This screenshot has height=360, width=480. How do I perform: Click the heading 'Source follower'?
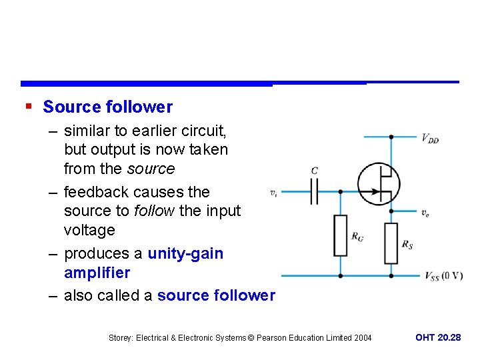(107, 107)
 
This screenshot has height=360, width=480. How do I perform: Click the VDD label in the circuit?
(430, 139)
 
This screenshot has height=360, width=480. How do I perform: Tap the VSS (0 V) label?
(443, 276)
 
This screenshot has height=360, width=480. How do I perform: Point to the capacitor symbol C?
(315, 191)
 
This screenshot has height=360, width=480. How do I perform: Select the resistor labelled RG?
(340, 235)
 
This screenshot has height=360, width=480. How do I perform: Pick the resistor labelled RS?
(391, 243)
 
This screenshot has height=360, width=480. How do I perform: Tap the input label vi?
(273, 193)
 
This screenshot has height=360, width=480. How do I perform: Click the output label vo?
(425, 213)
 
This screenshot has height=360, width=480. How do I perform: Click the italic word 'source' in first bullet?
(153, 169)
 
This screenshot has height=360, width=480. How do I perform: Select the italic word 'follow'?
(154, 211)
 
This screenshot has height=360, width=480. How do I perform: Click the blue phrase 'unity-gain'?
(185, 253)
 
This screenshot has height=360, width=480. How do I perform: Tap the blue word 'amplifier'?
(97, 273)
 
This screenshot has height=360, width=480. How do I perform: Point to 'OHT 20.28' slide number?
(438, 337)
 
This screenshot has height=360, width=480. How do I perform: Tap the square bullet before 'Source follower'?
(27, 107)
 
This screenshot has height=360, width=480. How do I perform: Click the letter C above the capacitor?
(315, 171)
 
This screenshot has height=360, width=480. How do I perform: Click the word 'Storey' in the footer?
(121, 338)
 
